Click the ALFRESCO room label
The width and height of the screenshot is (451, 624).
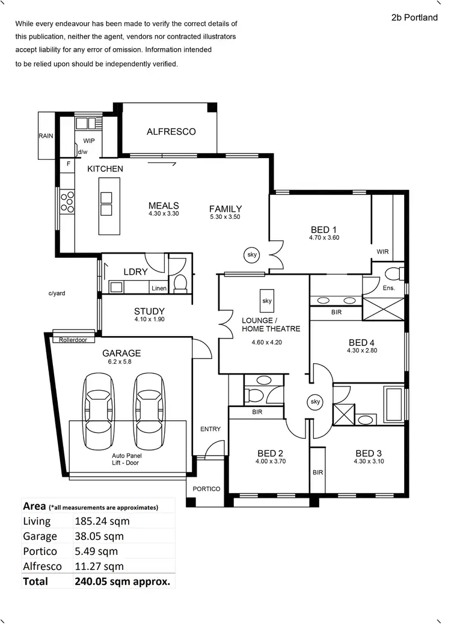[171, 132]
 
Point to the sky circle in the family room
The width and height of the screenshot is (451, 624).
[252, 255]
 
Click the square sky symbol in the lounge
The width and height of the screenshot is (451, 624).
[267, 300]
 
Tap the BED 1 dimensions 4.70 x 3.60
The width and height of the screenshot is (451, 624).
[319, 238]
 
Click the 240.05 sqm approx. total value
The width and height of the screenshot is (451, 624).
[122, 581]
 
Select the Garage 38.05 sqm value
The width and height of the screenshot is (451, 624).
[99, 536]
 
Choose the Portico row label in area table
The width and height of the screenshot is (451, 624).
[40, 551]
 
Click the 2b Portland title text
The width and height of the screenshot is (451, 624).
[414, 17]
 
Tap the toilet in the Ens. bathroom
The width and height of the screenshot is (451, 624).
[392, 274]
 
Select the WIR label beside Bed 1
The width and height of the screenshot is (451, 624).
[383, 251]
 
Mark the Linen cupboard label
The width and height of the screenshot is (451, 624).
[159, 289]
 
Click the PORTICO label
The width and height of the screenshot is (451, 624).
[206, 489]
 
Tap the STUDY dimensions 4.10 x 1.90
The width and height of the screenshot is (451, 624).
[149, 320]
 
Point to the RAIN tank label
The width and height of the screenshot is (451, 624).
[46, 136]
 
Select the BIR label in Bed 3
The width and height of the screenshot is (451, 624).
[318, 473]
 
